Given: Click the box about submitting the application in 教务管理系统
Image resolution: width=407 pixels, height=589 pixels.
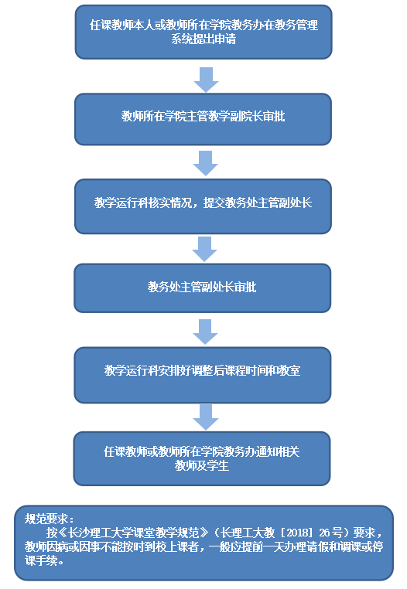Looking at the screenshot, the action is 203,32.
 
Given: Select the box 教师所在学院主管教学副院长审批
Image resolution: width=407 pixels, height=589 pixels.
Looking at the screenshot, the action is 203,119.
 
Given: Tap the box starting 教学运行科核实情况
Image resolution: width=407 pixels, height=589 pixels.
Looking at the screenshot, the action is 203,206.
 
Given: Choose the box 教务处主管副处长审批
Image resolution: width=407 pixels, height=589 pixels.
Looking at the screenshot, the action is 203,288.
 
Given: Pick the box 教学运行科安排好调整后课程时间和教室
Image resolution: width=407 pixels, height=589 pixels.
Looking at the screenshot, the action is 203,375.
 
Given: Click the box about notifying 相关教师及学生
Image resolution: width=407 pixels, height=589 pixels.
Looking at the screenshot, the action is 202,458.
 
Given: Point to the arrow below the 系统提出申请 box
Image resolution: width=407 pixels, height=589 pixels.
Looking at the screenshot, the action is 206,80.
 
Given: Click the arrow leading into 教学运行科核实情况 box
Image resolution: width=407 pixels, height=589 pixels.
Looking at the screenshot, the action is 205,163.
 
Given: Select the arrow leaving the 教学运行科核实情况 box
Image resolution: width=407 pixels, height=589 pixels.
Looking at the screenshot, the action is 204,249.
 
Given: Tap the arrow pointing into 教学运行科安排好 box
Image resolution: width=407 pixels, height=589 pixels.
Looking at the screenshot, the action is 205,332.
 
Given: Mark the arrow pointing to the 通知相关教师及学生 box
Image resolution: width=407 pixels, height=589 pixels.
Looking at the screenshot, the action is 206,417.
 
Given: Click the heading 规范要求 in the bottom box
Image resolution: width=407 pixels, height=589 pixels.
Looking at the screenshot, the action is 46,519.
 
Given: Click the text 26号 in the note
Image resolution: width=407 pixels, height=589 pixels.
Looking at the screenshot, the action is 331,533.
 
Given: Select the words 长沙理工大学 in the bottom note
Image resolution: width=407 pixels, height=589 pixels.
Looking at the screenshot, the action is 101,533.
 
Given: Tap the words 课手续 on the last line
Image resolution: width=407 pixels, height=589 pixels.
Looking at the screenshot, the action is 41,560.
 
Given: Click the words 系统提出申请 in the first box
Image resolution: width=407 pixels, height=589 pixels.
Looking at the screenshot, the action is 203,39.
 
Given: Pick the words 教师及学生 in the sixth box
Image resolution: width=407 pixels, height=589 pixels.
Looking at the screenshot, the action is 202,466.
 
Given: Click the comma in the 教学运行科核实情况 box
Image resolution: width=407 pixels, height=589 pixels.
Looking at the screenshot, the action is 198,206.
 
